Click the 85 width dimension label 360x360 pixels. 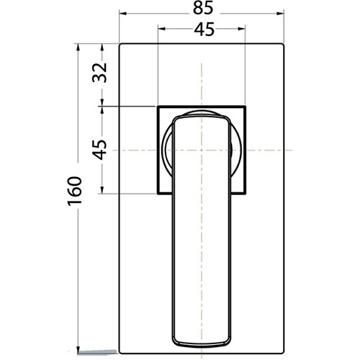(203, 9)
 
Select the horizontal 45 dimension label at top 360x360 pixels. (204, 30)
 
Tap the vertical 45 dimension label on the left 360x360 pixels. (100, 150)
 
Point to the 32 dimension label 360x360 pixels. (99, 73)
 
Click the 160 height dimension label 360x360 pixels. (75, 191)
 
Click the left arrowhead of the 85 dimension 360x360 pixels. (123, 14)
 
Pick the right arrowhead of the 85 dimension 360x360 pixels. (280, 14)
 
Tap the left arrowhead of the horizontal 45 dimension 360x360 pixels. (161, 29)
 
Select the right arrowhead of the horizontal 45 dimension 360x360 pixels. (241, 29)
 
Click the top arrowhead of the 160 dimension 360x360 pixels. (78, 48)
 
